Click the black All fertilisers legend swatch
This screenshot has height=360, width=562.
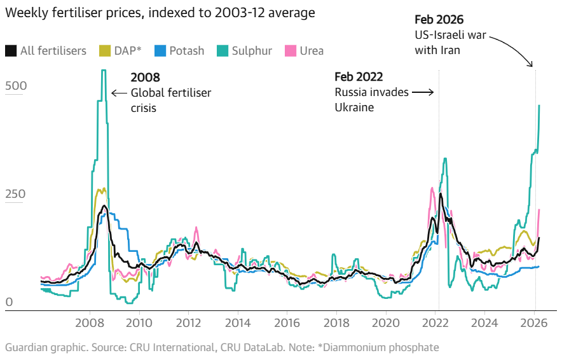(11, 50)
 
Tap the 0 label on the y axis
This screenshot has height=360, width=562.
(9, 303)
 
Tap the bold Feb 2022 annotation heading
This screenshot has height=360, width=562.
(359, 77)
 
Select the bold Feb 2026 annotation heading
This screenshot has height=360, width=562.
(439, 20)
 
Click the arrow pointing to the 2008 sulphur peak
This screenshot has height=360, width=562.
(118, 93)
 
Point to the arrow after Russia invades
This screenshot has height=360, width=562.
(423, 93)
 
